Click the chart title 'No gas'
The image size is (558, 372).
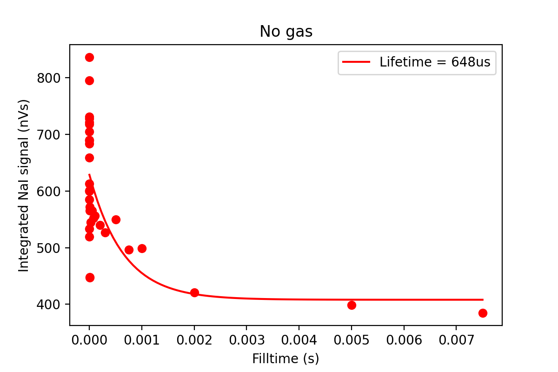click(286, 32)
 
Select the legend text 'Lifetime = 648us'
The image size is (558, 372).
click(435, 62)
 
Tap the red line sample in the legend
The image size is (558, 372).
click(357, 62)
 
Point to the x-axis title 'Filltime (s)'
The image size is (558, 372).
click(286, 359)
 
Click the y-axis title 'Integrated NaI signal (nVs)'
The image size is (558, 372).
click(24, 185)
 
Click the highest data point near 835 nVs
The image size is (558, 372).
click(89, 57)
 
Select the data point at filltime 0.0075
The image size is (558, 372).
click(483, 313)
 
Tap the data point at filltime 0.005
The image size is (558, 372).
click(352, 305)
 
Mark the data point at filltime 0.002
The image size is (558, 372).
click(194, 292)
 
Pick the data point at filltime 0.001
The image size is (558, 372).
click(142, 248)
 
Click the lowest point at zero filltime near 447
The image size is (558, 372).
click(90, 278)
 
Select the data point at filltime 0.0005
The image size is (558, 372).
click(116, 219)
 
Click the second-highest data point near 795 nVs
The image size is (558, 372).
click(89, 80)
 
